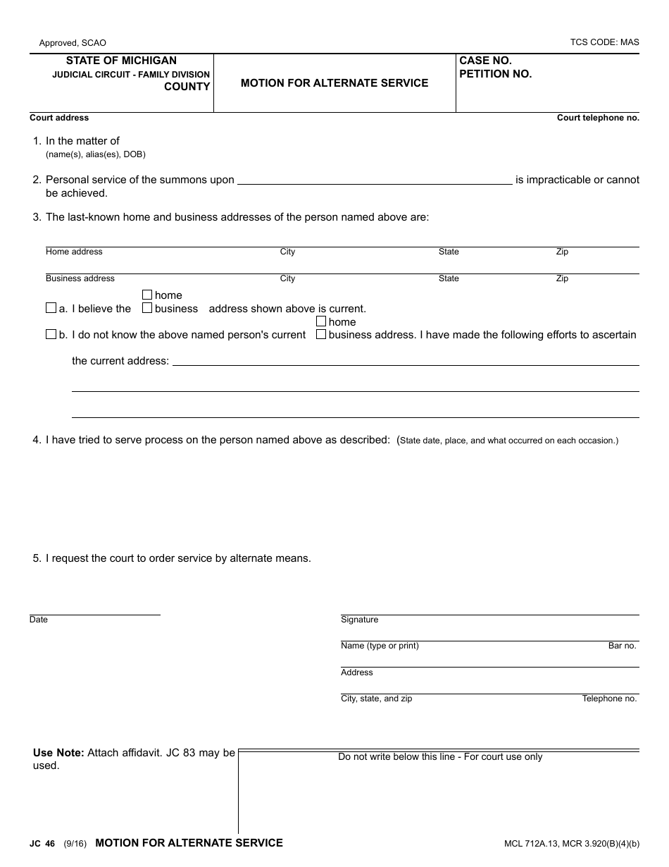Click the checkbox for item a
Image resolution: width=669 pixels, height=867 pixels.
tap(51, 308)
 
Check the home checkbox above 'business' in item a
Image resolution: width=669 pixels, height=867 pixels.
tap(147, 295)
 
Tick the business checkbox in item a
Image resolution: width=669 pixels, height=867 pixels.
tap(147, 308)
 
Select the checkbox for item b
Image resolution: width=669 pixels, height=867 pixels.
tap(51, 334)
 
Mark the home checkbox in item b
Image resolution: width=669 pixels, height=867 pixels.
tap(321, 321)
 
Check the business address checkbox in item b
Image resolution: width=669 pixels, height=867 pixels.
tap(321, 334)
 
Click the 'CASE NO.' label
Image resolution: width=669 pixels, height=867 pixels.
tap(485, 61)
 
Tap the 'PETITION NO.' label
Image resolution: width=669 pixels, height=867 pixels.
tap(495, 74)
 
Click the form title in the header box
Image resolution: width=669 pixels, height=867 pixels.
tap(334, 83)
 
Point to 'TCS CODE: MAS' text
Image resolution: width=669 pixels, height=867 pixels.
tap(604, 42)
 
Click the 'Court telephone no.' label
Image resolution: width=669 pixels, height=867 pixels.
tap(598, 118)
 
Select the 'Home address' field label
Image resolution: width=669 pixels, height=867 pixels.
tap(74, 252)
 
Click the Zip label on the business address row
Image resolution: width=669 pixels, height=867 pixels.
tap(562, 278)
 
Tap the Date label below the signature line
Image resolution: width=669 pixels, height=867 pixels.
tap(39, 620)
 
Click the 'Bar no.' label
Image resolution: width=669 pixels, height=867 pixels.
tap(622, 646)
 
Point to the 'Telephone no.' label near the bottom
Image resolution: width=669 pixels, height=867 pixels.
tap(609, 699)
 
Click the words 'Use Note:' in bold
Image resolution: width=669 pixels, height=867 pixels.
tap(58, 753)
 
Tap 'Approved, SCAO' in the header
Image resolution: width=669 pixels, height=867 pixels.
tap(73, 43)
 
